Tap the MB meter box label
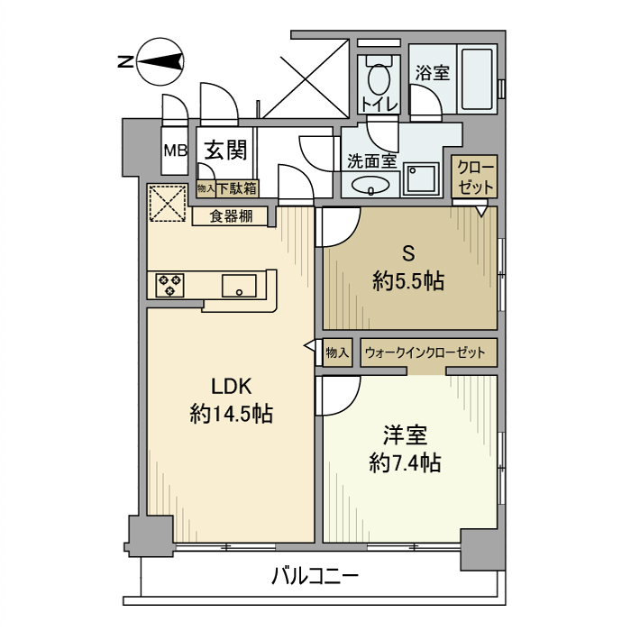point(174,151)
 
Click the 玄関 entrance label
point(225,150)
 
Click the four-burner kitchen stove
point(169,285)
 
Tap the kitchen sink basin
point(239,287)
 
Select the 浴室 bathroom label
point(433,73)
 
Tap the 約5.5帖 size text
point(408,281)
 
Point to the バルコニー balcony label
point(315,574)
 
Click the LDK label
point(231,386)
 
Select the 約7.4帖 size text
point(405,463)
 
